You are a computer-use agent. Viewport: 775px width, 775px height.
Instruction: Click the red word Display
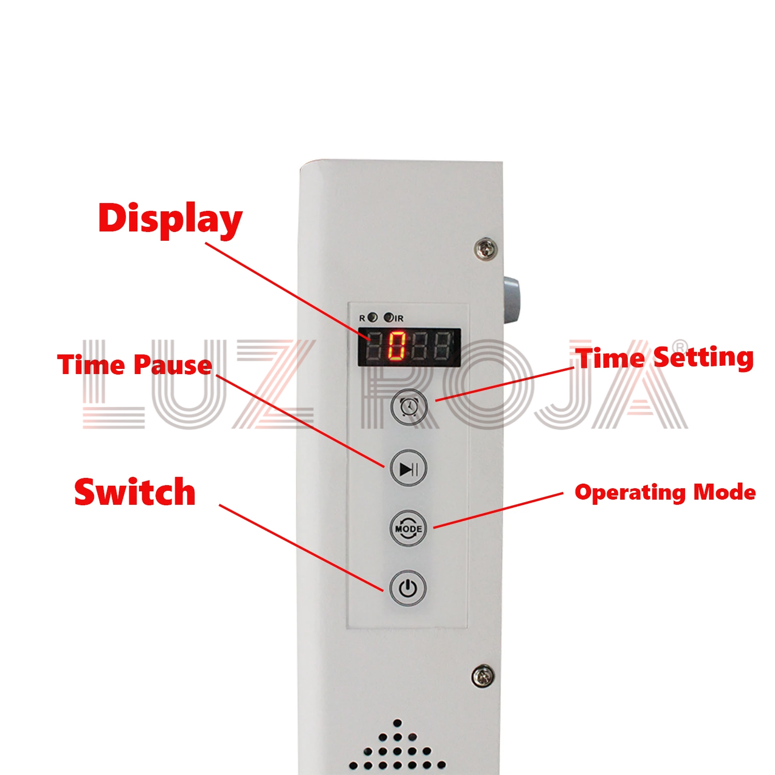(x=170, y=220)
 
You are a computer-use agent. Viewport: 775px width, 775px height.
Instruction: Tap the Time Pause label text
(x=135, y=365)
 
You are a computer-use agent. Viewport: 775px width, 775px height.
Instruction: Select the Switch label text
(x=135, y=492)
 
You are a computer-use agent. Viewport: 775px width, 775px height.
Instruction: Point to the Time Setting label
(x=665, y=358)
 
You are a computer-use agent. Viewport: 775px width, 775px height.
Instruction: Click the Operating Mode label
(x=665, y=492)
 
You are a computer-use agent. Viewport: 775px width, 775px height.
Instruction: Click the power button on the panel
(x=408, y=588)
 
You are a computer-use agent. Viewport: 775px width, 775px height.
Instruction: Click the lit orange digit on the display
(x=397, y=346)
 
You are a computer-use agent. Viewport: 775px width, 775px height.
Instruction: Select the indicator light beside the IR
(x=388, y=317)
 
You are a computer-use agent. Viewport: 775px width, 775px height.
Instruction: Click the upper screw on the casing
(x=486, y=250)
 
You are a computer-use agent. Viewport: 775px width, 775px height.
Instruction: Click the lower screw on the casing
(x=483, y=676)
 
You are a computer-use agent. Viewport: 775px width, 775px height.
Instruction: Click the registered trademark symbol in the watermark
(x=681, y=346)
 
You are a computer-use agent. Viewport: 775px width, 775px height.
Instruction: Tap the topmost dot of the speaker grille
(x=397, y=723)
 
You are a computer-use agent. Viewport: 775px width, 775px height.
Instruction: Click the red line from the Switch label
(x=302, y=548)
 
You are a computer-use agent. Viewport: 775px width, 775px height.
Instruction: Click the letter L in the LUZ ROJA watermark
(x=114, y=384)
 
